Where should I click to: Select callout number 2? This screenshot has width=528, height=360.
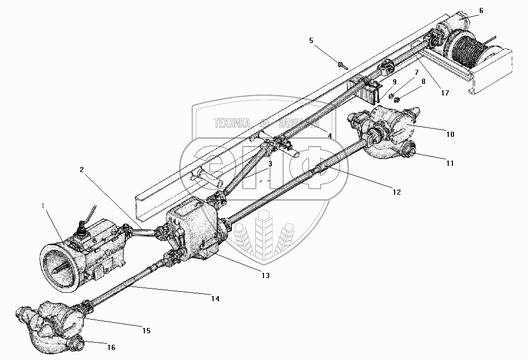coord(82,170)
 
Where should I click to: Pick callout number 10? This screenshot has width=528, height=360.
coord(450,134)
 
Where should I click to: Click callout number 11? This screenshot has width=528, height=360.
coord(450,164)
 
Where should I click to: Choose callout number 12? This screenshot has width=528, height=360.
coord(396,193)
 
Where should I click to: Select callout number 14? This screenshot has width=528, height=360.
coord(215,299)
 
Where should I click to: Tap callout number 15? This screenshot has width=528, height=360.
coord(146,331)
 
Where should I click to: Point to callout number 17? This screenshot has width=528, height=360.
coord(445,93)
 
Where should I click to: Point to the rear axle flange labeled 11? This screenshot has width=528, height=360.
coord(408,153)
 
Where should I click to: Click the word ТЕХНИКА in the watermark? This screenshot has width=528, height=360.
coord(231,123)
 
